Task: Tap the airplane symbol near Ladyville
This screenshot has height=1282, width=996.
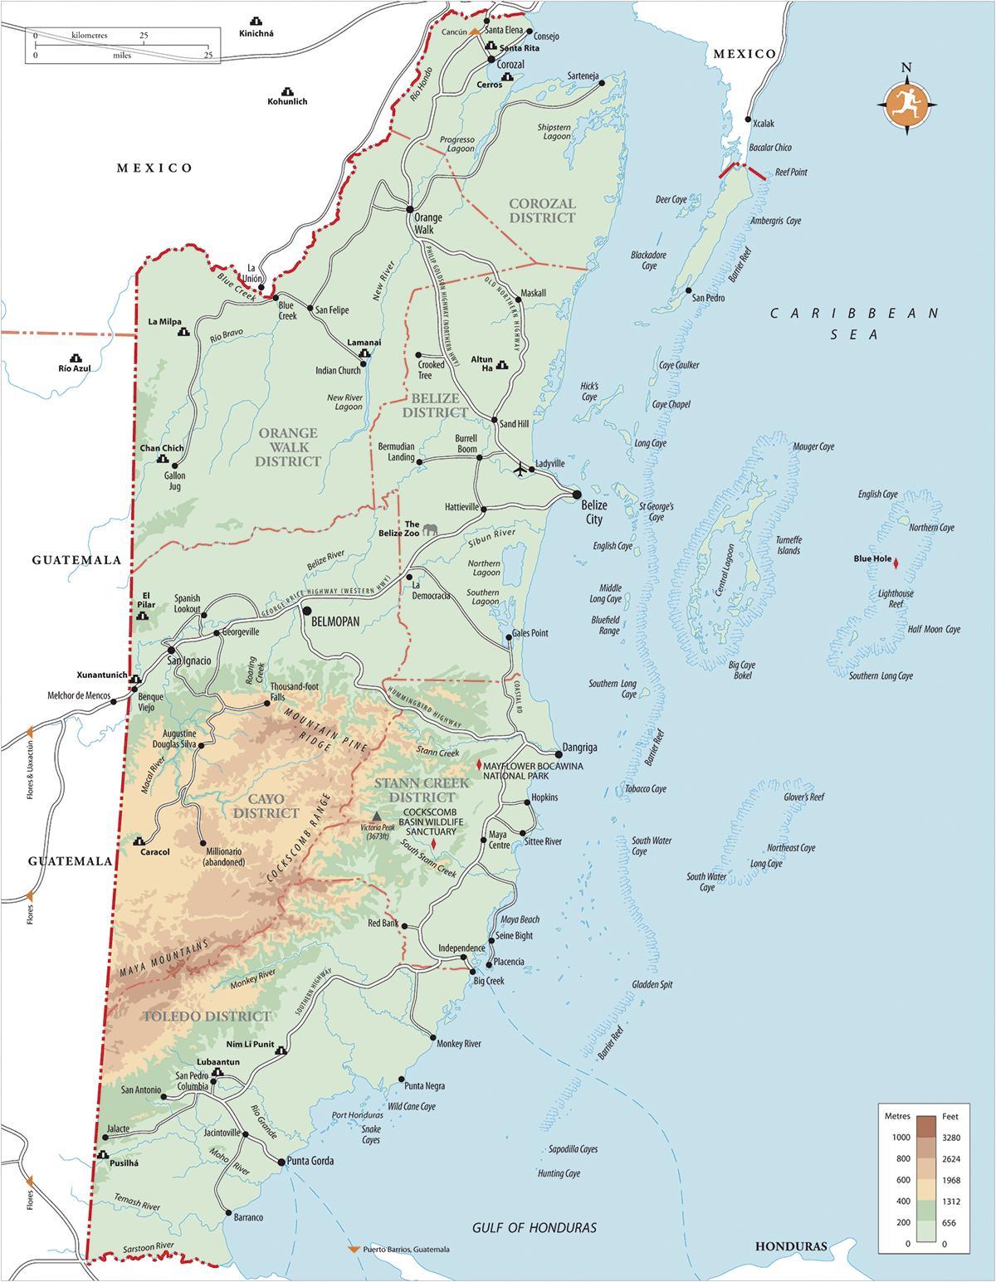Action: (521, 470)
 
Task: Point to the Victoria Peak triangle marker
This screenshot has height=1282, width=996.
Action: (377, 815)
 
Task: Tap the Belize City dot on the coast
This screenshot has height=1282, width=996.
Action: (575, 495)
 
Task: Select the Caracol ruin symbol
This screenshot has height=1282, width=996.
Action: (139, 840)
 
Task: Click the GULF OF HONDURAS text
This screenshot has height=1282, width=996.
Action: (535, 1227)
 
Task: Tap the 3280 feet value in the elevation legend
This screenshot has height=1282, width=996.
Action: (950, 1137)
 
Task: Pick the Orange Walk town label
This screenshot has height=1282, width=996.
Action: (428, 224)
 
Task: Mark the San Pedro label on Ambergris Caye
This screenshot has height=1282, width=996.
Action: (709, 298)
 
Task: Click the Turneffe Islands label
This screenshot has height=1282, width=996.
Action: (788, 544)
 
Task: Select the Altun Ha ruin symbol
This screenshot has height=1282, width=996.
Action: (502, 364)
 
